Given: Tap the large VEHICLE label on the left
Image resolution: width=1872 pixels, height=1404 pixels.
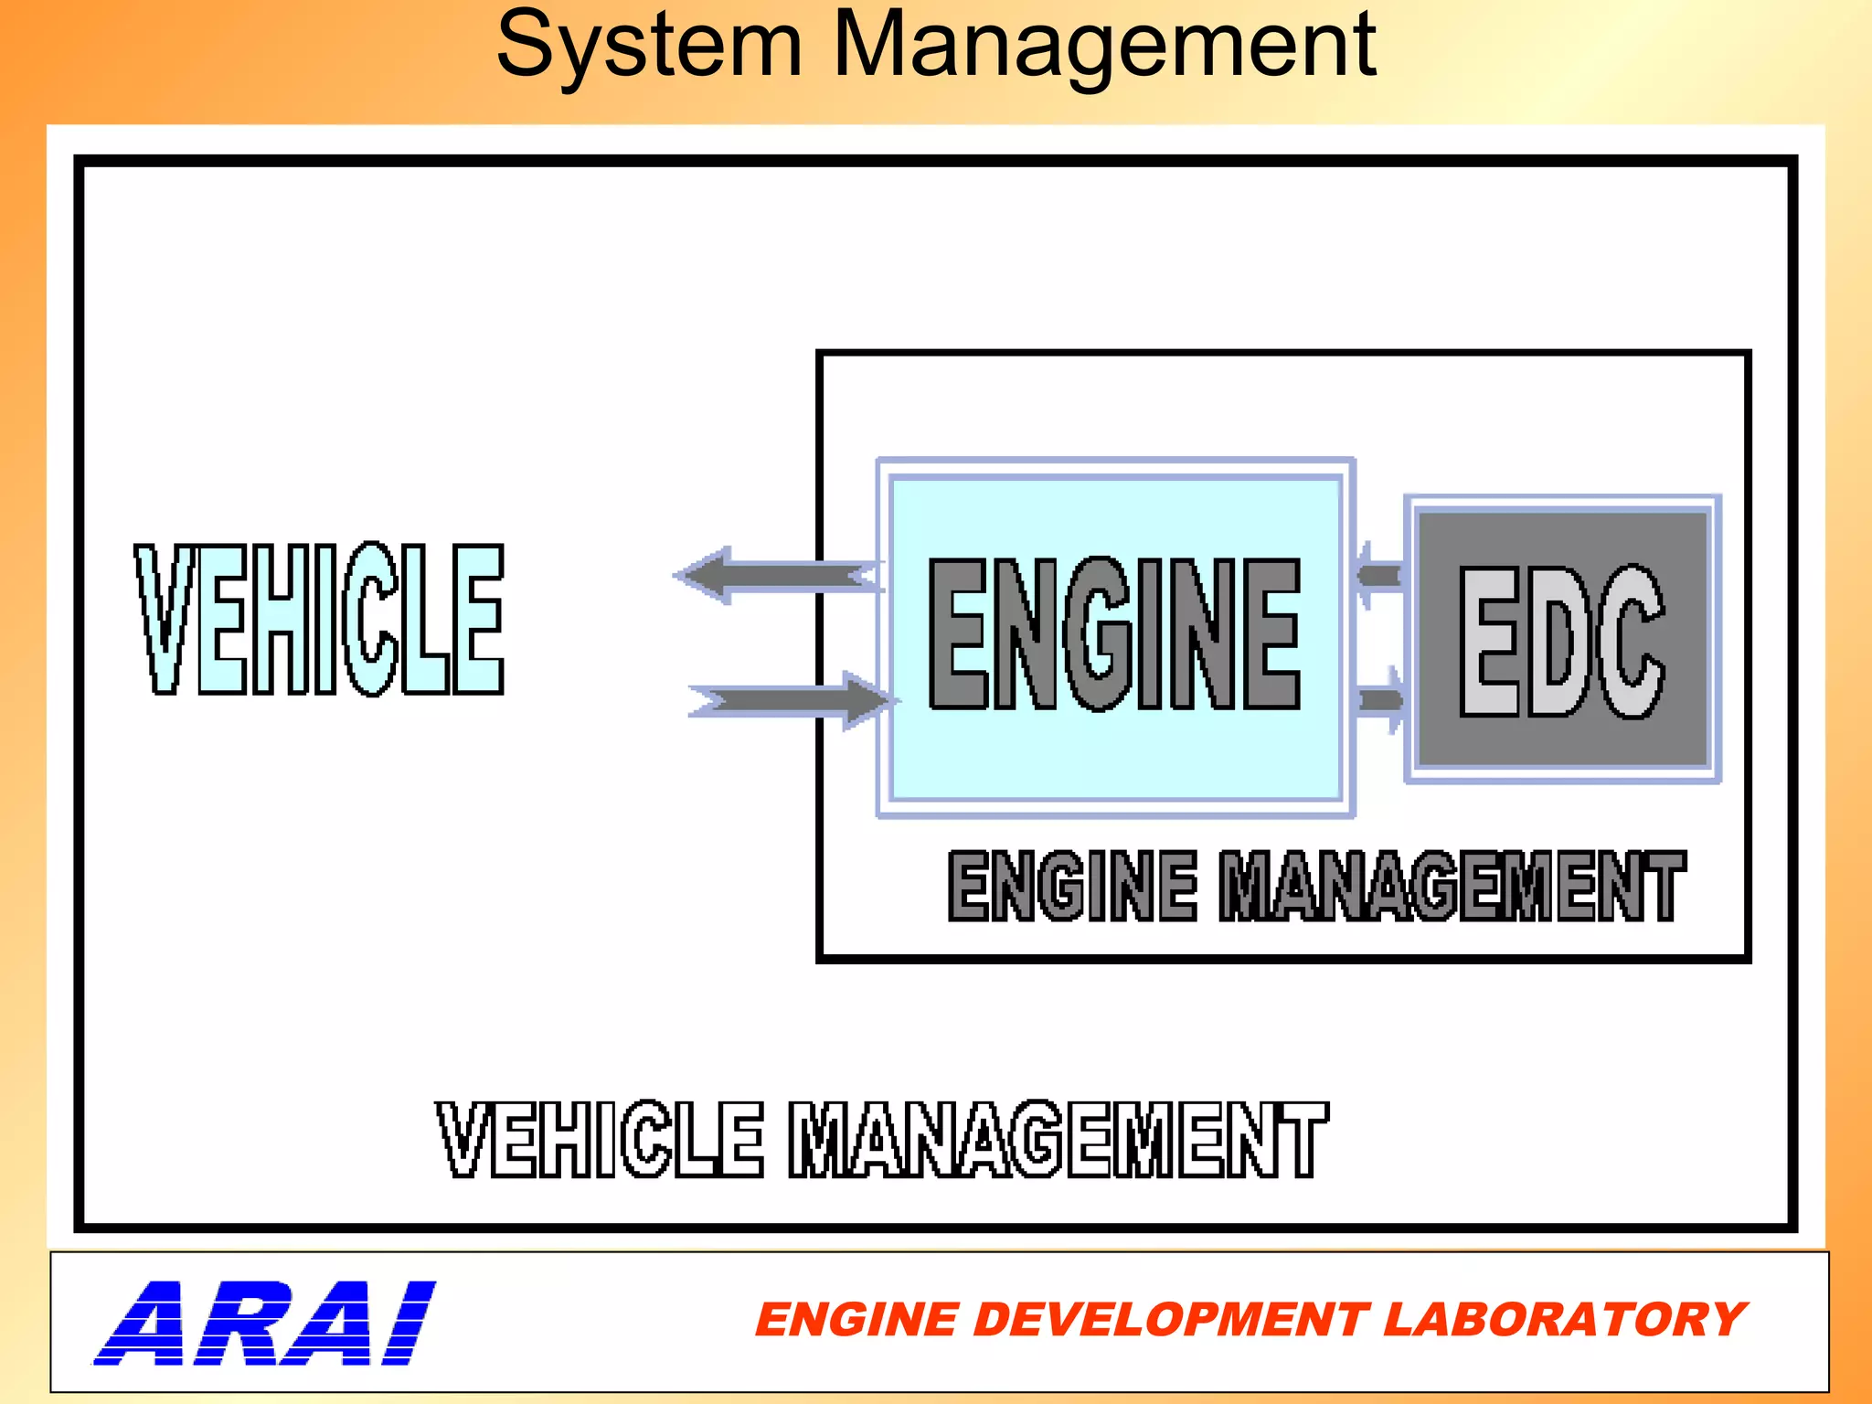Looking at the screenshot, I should [320, 619].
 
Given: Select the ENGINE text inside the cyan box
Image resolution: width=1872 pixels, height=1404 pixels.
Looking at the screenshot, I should [1114, 633].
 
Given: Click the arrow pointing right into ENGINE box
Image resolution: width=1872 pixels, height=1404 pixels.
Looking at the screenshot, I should [791, 701].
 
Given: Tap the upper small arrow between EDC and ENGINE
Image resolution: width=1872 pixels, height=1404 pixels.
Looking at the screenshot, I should [1377, 575].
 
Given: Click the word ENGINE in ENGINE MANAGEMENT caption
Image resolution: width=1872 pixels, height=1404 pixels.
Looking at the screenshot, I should [1072, 885].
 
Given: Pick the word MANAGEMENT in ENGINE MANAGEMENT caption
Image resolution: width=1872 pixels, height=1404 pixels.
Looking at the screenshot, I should [1452, 885].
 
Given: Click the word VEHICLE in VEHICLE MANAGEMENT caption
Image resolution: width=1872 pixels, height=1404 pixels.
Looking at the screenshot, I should [600, 1139].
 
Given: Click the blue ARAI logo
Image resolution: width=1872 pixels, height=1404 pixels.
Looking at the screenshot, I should [265, 1323].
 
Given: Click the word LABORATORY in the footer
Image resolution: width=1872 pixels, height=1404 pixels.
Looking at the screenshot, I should [1564, 1320].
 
